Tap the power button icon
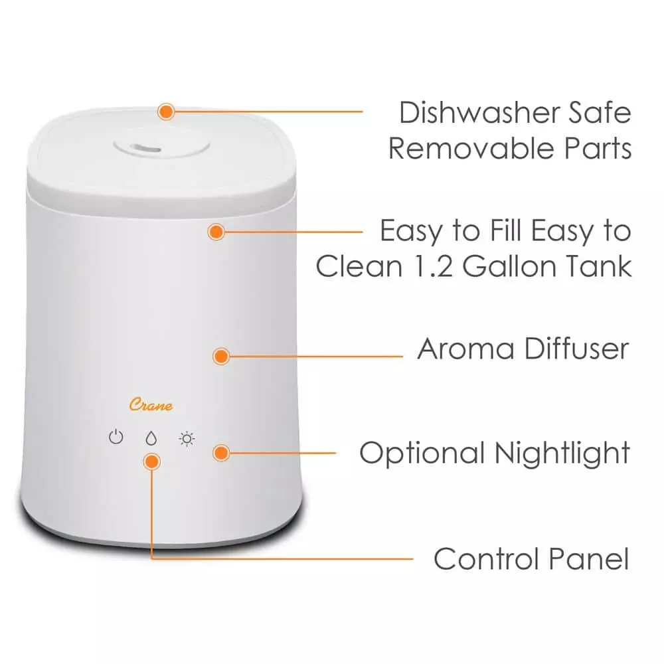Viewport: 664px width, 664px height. point(116,438)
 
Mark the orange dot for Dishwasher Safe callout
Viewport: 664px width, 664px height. point(165,111)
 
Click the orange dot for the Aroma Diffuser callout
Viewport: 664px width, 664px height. point(221,356)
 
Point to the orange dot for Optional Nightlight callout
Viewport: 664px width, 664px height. point(221,454)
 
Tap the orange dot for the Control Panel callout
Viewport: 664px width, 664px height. point(152,461)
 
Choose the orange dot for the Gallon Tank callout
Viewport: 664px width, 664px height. point(216,232)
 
